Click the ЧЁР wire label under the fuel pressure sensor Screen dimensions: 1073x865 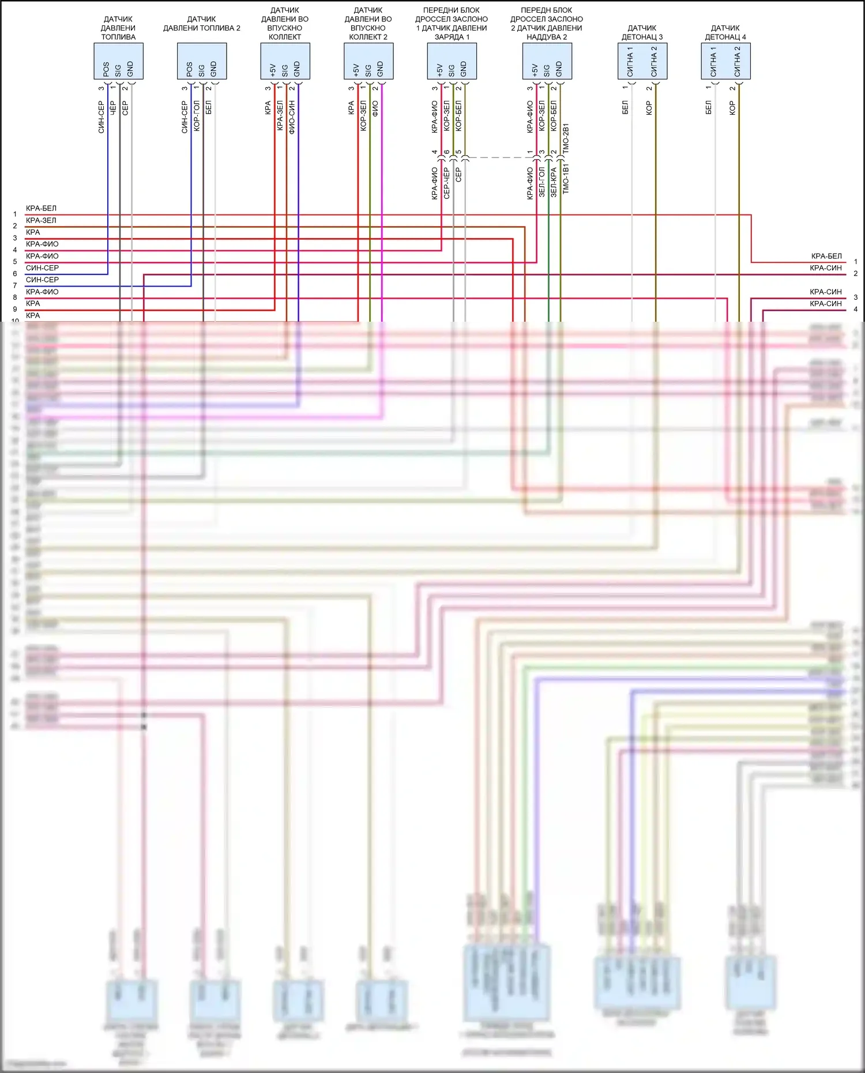click(113, 108)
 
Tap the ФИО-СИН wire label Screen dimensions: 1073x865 click(292, 118)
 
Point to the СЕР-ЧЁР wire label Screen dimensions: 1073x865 click(446, 183)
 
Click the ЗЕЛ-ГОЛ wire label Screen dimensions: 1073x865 click(541, 182)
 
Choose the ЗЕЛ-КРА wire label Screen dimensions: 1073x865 click(554, 182)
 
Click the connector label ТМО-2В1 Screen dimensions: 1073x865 click(566, 138)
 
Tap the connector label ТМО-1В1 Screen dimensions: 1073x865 click(566, 178)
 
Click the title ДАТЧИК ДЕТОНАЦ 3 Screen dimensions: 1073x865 click(642, 32)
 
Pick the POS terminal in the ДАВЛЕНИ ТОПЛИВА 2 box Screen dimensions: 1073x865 click(190, 69)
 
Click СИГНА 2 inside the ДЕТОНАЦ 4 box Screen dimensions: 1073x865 click(737, 62)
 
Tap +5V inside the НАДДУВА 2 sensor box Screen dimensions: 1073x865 click(535, 70)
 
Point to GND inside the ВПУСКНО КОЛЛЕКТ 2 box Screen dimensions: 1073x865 click(380, 69)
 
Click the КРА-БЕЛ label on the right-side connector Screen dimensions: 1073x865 click(826, 256)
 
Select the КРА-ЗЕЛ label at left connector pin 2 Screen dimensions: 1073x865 click(41, 220)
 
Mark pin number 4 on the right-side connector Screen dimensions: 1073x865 click(856, 310)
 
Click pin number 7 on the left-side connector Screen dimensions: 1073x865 click(15, 285)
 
